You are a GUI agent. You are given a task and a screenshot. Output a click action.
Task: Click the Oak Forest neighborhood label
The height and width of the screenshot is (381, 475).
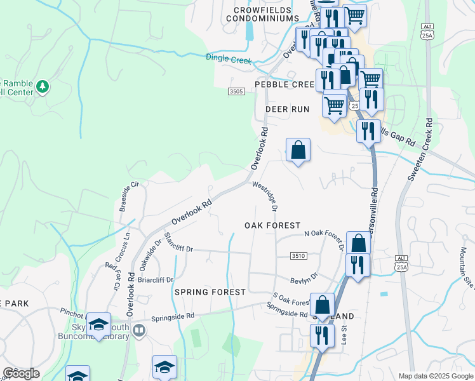[x=272, y=225]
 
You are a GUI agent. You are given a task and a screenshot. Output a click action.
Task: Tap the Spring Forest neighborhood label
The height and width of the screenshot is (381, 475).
[x=210, y=292]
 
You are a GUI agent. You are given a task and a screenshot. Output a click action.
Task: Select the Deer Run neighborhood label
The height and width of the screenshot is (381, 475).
[x=287, y=109]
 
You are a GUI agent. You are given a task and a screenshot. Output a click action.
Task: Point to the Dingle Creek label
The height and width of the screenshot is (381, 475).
[x=229, y=59]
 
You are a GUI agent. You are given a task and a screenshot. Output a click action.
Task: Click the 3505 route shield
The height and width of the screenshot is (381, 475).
[x=236, y=91]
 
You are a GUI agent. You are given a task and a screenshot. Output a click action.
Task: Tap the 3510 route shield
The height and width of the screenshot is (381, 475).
[x=298, y=255]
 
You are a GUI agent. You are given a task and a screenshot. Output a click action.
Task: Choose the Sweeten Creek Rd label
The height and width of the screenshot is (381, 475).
[x=421, y=150]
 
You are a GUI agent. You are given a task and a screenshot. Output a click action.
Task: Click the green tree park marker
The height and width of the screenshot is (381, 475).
[x=43, y=86]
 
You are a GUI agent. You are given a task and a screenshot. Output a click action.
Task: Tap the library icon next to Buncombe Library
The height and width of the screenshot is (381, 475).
[x=140, y=330]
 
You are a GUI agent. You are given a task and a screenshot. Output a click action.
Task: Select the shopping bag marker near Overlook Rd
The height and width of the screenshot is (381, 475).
[x=298, y=150]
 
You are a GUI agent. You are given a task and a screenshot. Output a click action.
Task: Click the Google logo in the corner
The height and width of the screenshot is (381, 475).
[x=21, y=373]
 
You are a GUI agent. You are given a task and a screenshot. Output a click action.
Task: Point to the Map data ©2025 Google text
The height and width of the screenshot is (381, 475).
[x=435, y=376]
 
